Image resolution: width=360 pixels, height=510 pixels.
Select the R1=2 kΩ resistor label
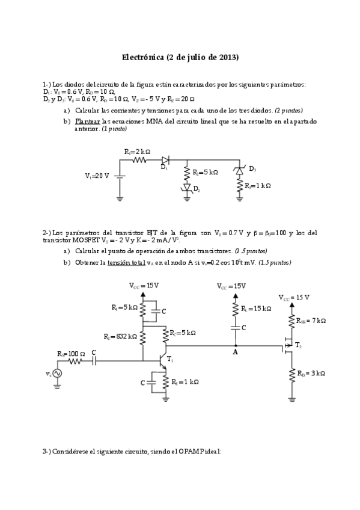pos(137,152)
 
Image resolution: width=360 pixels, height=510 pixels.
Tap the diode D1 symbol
pos(165,160)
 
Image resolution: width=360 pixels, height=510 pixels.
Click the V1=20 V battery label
pos(97,176)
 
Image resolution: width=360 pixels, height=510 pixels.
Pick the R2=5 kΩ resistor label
pos(205,173)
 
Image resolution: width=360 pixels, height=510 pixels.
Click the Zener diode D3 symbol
pos(239,171)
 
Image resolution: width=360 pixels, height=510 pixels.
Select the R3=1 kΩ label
pos(258,186)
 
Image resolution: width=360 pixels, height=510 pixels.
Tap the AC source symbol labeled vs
pos(58,373)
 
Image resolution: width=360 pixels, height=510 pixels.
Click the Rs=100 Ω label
pos(71,353)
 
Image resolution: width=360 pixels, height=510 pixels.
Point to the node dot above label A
pos(236,346)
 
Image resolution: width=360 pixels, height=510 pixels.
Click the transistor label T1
pos(170,359)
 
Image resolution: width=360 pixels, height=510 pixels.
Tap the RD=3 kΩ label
pos(311,373)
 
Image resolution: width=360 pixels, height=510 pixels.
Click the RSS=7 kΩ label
pos(311,321)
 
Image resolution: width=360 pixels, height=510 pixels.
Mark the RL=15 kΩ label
pos(256,309)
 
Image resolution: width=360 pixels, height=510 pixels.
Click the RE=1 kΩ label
pos(185,382)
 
